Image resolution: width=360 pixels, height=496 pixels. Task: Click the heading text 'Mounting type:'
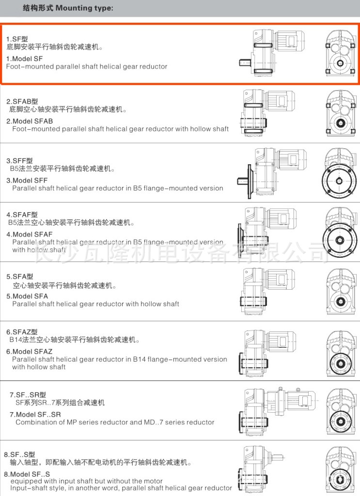tap(84, 8)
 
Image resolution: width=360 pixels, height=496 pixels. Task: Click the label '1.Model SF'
tap(24, 59)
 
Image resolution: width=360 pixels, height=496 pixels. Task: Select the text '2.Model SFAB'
tap(30, 121)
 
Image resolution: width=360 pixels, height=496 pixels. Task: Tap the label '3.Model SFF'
tap(27, 180)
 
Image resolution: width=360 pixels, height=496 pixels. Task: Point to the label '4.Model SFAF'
tap(30, 234)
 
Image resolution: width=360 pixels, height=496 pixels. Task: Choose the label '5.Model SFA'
tap(27, 296)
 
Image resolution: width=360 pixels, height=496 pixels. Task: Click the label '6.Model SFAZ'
tap(30, 352)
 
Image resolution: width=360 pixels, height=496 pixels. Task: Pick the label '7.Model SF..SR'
tap(35, 415)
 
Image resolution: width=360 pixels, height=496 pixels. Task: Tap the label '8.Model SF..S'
tap(27, 474)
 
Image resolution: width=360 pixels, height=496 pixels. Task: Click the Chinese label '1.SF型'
tap(17, 39)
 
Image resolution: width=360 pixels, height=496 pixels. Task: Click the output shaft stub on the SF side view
tap(245, 62)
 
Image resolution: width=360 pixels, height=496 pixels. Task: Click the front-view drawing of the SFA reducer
tap(341, 293)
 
